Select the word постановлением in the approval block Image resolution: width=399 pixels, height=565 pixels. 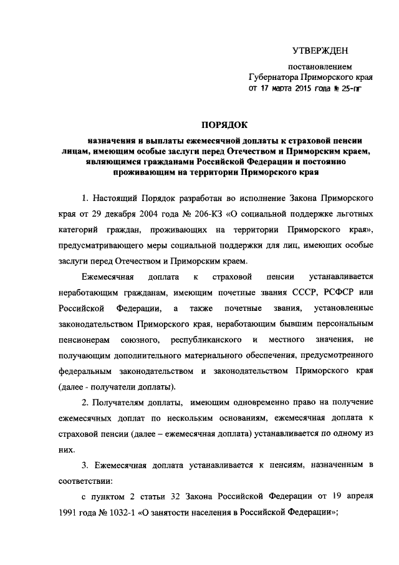(319, 67)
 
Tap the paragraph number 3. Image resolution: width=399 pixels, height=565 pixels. (85, 468)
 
